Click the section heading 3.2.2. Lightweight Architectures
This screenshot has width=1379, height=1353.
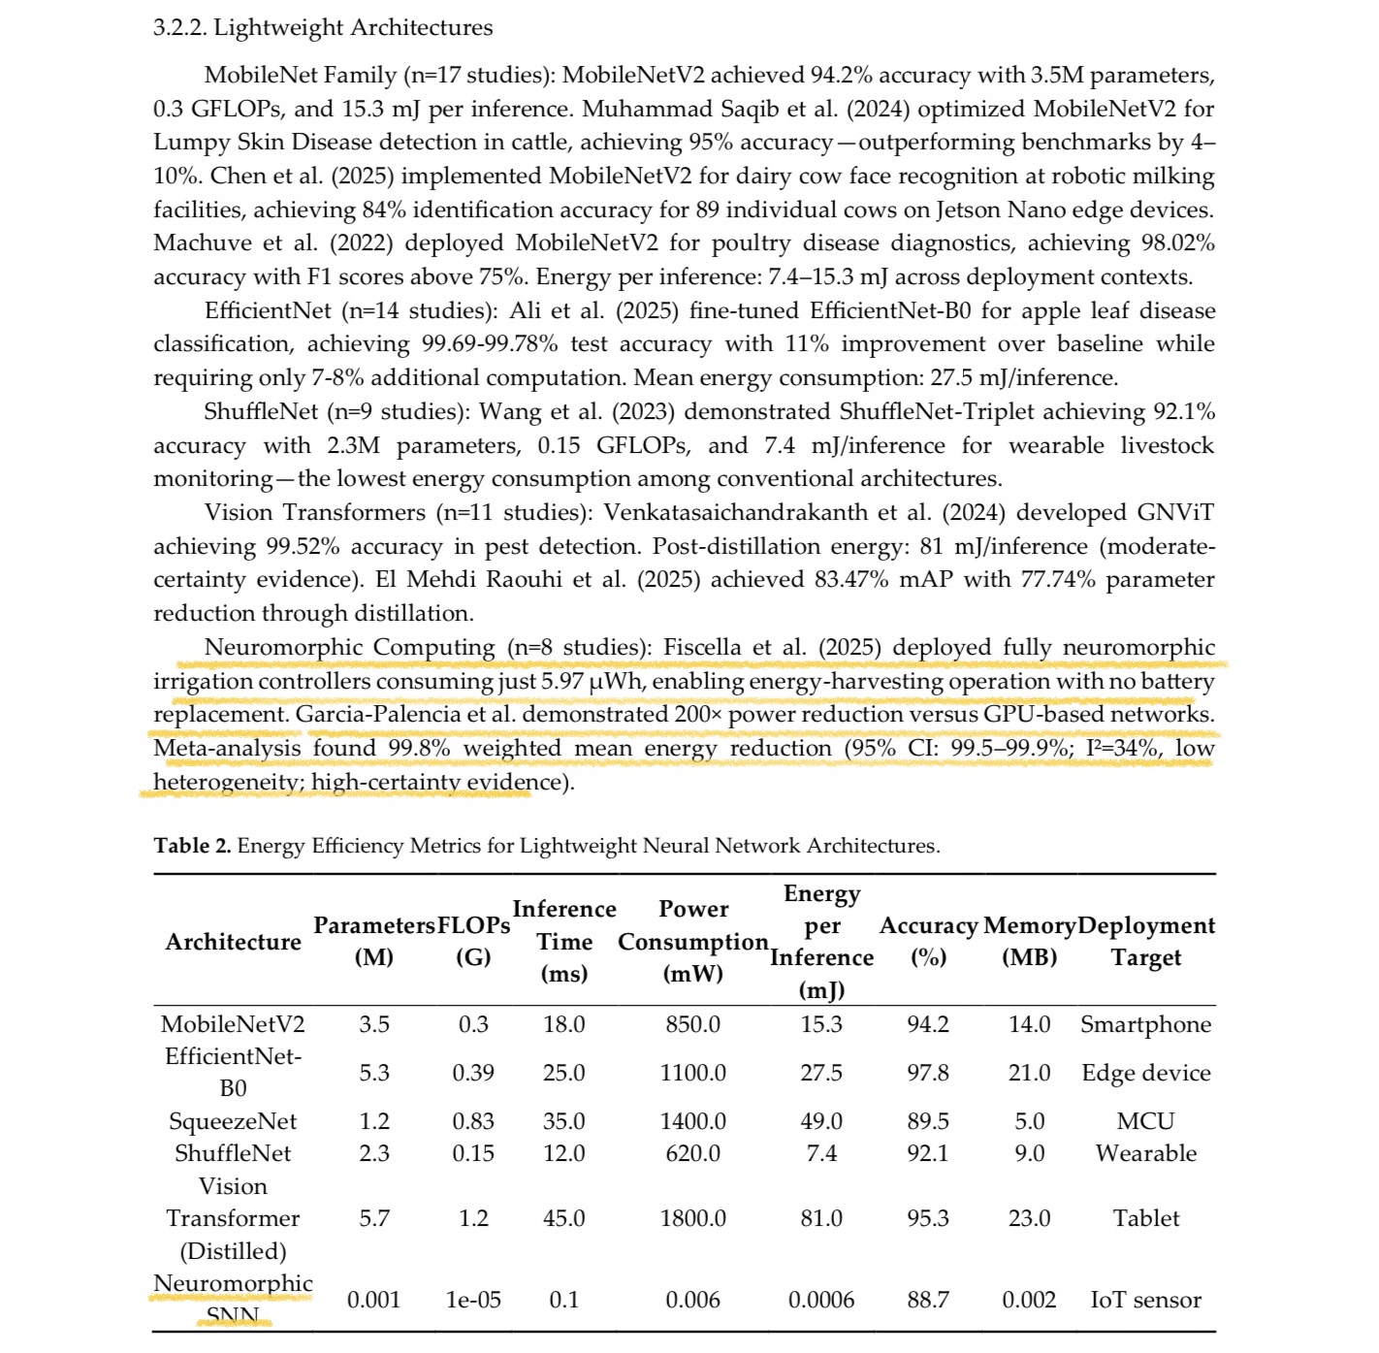[x=322, y=27]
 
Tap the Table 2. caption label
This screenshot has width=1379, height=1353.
[x=192, y=846]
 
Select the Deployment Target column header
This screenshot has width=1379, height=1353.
[x=1145, y=942]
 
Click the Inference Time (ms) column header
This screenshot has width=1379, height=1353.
[x=563, y=941]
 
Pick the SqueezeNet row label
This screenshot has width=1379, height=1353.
[x=233, y=1121]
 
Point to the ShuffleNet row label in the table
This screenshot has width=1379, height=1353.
[x=233, y=1153]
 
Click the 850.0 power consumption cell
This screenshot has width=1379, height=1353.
[x=692, y=1024]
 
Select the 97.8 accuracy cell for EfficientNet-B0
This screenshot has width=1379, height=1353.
[x=927, y=1073]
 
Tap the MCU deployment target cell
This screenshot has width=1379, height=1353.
[x=1145, y=1121]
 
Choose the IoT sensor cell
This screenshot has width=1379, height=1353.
[x=1145, y=1300]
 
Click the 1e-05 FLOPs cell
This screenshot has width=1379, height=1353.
[x=473, y=1300]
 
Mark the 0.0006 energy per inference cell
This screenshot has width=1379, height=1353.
[x=820, y=1300]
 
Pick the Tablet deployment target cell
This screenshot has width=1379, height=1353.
[x=1145, y=1218]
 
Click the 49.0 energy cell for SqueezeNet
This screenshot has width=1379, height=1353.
[x=820, y=1121]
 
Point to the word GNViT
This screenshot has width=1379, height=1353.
[x=1176, y=512]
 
